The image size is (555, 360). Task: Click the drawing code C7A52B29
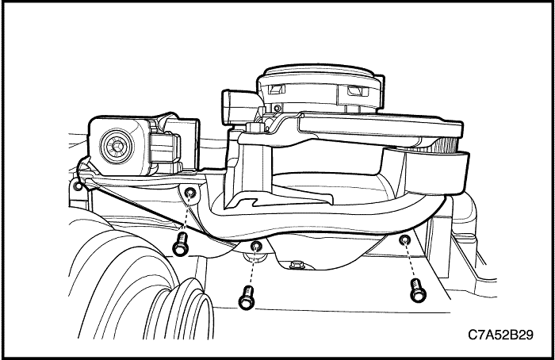pos(500,335)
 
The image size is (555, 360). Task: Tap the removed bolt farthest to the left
pos(181,244)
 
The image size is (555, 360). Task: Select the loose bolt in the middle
pos(247,297)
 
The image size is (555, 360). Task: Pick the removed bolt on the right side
pos(418,290)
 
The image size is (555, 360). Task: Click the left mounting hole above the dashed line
pos(190,193)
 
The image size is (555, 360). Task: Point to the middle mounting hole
pos(255,245)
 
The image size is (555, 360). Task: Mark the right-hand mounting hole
pos(404,239)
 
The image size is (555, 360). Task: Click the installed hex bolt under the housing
pos(295,264)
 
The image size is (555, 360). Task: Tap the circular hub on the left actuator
pos(117,145)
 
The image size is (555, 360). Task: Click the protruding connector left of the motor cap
pos(236,107)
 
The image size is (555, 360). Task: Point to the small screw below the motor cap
pos(277,108)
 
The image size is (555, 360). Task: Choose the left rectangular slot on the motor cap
pos(277,89)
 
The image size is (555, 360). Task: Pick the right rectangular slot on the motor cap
pos(358,91)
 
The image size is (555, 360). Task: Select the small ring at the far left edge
pos(78,185)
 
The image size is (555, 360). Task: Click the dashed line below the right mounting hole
pos(410,261)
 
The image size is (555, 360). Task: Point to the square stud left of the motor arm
pos(254,128)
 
